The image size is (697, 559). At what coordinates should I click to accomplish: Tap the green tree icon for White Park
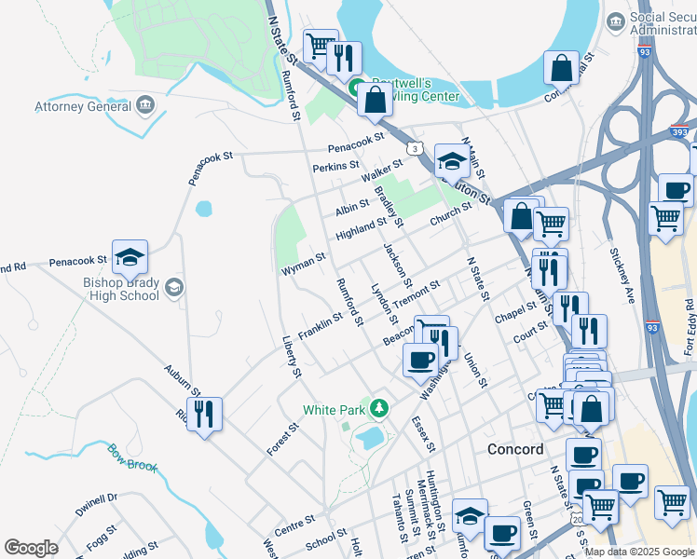coord(378,408)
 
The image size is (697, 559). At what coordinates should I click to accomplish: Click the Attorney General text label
coord(83,106)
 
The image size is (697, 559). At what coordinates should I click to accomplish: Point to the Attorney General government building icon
coord(144,104)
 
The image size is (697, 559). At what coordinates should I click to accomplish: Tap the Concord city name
coord(515,449)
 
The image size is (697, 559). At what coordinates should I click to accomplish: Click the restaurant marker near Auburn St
coord(204,413)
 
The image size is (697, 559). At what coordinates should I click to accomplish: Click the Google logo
coord(31,548)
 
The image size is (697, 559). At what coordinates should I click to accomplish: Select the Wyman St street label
coord(303,264)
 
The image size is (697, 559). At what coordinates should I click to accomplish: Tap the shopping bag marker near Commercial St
coord(562,67)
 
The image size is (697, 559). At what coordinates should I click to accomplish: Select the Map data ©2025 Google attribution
coord(638,551)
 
